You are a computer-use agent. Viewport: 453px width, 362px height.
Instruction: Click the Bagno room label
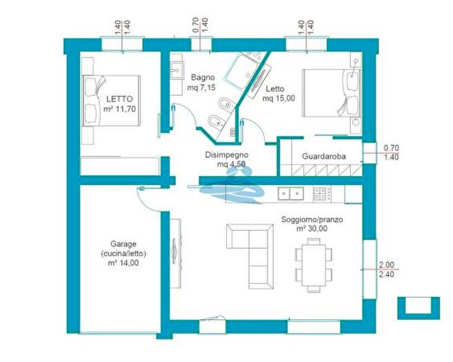[x=203, y=77]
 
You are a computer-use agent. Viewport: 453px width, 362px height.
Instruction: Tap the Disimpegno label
[x=226, y=155]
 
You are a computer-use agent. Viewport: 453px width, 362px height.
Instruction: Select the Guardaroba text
[x=324, y=157]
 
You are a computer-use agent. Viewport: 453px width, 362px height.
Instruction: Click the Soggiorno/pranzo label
[x=312, y=219]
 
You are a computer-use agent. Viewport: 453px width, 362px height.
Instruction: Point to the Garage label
[x=123, y=244]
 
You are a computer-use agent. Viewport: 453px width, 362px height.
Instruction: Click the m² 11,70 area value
[x=119, y=109]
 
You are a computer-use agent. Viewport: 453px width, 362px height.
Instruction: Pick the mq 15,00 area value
[x=279, y=99]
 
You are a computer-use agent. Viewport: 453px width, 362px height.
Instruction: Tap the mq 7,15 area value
[x=201, y=88]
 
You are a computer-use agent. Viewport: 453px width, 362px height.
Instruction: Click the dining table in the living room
[x=314, y=265]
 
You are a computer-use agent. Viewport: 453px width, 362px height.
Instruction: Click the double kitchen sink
[x=291, y=194]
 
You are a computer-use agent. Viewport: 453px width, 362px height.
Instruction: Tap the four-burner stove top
[x=322, y=194]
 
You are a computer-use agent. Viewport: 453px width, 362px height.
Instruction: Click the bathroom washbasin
[x=177, y=70]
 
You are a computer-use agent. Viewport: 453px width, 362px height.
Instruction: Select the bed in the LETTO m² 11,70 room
[x=112, y=101]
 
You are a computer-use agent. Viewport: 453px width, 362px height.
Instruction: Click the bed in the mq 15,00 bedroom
[x=332, y=92]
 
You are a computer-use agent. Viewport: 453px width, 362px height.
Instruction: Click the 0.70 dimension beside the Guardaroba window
[x=391, y=148]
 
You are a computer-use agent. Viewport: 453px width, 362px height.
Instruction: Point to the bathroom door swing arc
[x=188, y=114]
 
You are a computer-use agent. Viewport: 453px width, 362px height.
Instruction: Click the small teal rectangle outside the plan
[x=419, y=308]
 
